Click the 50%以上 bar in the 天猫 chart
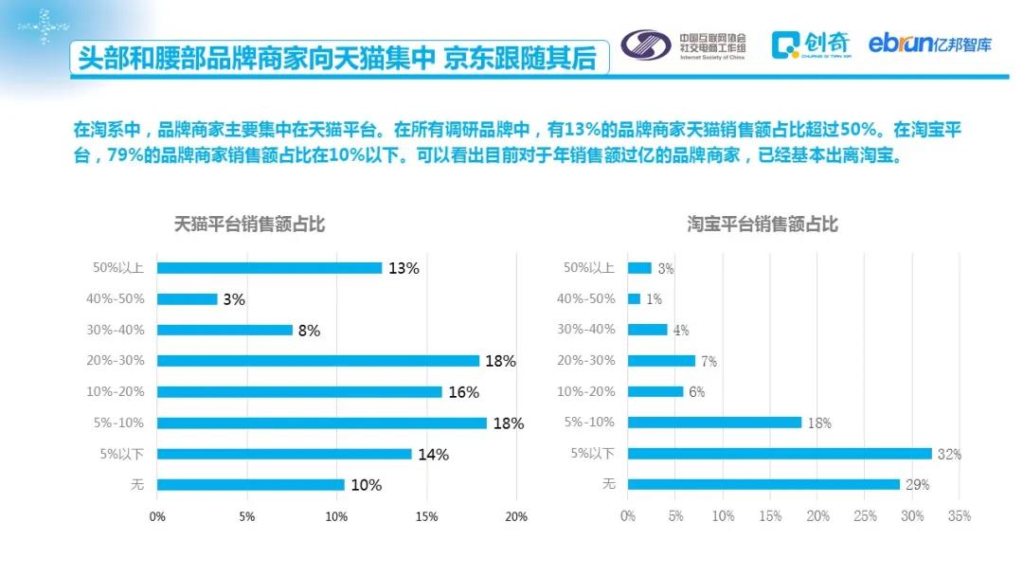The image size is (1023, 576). (x=269, y=268)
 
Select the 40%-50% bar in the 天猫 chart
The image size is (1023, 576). (x=187, y=299)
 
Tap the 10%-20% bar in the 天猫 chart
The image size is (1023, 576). (x=299, y=392)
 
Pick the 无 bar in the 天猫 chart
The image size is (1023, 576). (x=250, y=485)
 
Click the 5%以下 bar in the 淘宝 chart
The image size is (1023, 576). (x=779, y=454)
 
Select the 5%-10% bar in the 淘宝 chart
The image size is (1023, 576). (x=714, y=423)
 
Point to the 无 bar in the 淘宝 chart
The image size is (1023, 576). (x=763, y=485)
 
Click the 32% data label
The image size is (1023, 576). (x=949, y=455)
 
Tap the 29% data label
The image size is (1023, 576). (x=917, y=485)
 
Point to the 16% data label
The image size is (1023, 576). (x=464, y=392)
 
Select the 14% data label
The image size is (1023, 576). (x=433, y=455)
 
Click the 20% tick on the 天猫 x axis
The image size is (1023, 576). (x=516, y=516)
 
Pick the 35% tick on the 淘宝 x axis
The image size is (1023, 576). (x=960, y=516)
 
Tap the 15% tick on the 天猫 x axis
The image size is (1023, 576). (x=426, y=516)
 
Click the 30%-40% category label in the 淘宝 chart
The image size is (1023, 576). (x=586, y=330)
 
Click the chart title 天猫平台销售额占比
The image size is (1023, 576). (x=250, y=225)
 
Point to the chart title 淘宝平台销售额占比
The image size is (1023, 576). (x=763, y=225)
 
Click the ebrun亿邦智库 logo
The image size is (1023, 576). (x=930, y=44)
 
